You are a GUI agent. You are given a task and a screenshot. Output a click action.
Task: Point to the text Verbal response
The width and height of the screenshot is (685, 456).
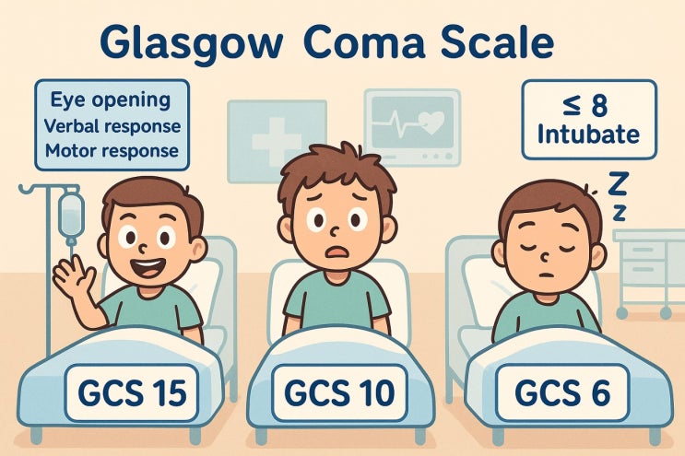pos(111,124)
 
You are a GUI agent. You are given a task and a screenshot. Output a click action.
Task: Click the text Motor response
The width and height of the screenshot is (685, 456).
pos(111,148)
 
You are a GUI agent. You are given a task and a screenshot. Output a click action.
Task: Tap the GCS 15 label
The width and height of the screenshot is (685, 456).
pos(127,392)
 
